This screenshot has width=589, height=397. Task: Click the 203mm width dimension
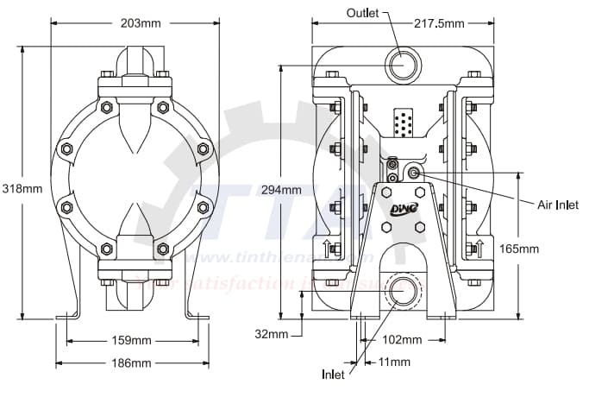click(138, 23)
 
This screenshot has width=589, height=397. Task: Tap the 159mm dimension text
click(133, 340)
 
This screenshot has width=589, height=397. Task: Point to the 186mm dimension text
click(133, 362)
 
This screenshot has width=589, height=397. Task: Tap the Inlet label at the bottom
click(333, 375)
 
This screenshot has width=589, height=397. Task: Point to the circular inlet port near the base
click(401, 291)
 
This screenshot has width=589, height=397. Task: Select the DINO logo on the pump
click(403, 208)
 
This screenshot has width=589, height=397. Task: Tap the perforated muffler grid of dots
click(401, 123)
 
